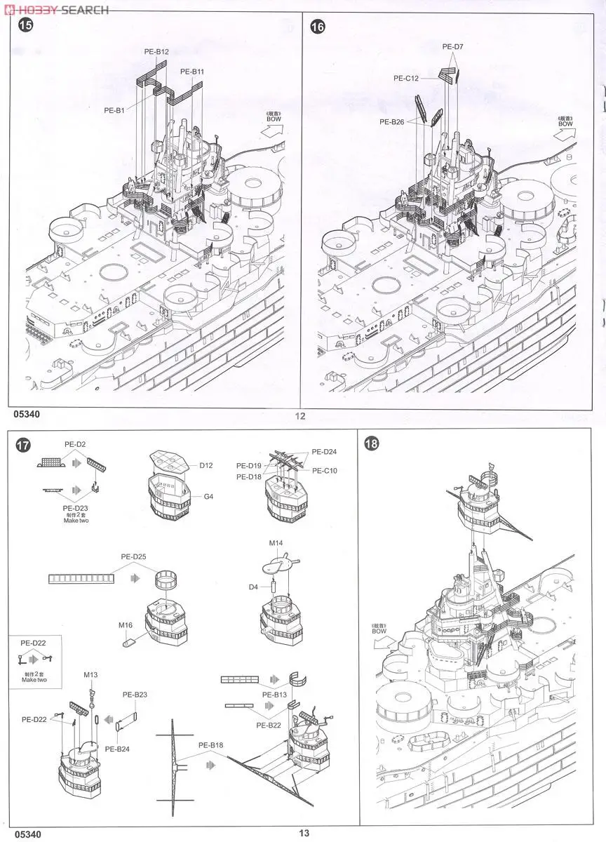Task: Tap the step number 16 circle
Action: (318, 26)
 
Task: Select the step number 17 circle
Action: (25, 445)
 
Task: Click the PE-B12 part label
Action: (156, 52)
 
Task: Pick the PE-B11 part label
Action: (191, 72)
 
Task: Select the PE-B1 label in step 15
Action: (114, 110)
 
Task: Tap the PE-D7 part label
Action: (453, 46)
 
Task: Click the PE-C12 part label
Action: (406, 79)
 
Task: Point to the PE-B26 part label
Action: (393, 121)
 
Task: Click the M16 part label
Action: (126, 625)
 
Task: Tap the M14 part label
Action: (276, 543)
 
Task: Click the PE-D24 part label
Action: (324, 451)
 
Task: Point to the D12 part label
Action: (206, 465)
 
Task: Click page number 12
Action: (300, 416)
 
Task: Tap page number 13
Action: (303, 834)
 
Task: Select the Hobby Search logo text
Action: (56, 9)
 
